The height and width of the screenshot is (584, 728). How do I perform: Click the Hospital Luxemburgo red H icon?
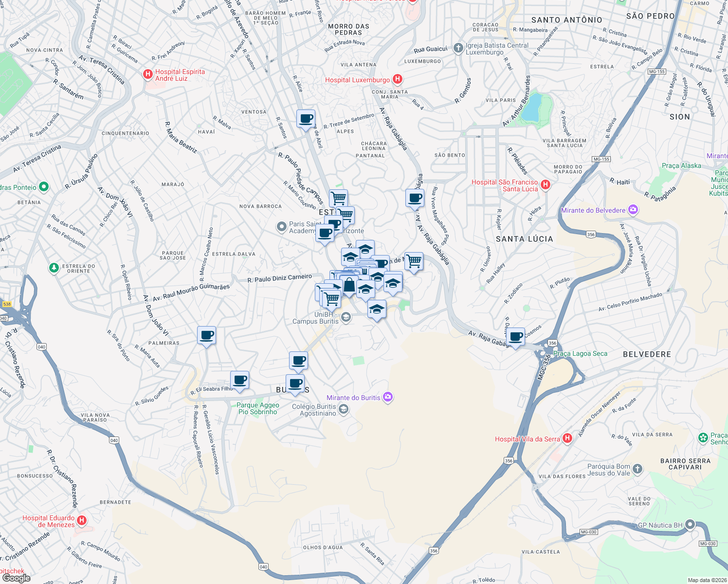(x=398, y=79)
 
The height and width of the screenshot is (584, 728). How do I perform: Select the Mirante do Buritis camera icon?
(x=387, y=397)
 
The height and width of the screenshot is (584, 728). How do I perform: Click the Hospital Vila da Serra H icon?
(x=567, y=438)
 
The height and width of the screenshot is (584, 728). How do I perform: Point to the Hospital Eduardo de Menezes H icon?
(x=82, y=521)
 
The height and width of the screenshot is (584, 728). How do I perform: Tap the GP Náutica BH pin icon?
(x=690, y=525)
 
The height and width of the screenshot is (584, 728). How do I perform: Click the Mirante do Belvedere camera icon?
(x=633, y=210)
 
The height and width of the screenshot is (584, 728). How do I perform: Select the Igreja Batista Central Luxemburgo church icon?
(x=458, y=48)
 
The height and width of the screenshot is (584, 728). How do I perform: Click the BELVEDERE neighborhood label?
(x=647, y=354)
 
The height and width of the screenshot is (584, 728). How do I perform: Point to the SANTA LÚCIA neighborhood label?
(x=524, y=239)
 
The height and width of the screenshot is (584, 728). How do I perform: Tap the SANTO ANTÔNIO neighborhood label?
(x=566, y=20)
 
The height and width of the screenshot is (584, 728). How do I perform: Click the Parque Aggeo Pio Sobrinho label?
(x=258, y=408)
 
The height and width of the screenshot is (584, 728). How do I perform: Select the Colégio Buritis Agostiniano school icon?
(x=344, y=409)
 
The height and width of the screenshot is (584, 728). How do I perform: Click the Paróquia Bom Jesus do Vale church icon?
(x=637, y=469)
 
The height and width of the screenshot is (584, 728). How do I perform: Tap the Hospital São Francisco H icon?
(x=546, y=184)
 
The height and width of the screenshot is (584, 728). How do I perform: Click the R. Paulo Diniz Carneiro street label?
(x=279, y=278)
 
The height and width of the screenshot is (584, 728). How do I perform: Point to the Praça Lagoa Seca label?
(x=580, y=354)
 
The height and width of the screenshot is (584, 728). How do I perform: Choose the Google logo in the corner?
(x=16, y=578)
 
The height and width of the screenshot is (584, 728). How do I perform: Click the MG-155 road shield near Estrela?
(x=656, y=72)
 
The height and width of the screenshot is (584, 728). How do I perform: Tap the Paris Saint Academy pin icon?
(x=281, y=227)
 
